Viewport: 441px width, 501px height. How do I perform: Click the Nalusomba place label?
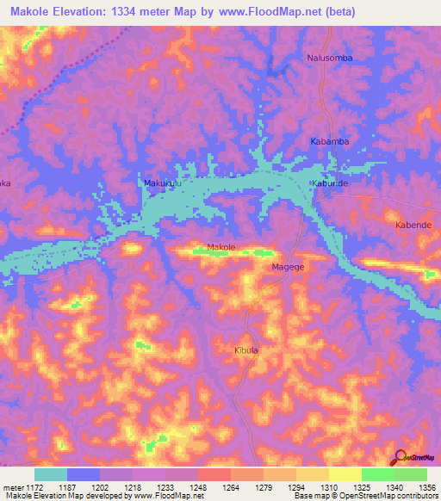coord(330,58)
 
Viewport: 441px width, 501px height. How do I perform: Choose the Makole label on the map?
coord(221,248)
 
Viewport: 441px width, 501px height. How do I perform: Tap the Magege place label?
coord(289,268)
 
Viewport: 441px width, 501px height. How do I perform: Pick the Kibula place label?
coord(246,350)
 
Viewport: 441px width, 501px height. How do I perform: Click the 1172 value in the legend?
coord(30,486)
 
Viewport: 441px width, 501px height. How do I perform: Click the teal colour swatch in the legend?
coord(51,474)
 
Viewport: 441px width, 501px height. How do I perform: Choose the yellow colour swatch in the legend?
coord(345,474)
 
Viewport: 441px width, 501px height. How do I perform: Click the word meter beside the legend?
coord(11,486)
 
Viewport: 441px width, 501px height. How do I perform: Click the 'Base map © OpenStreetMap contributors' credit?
coord(364,496)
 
